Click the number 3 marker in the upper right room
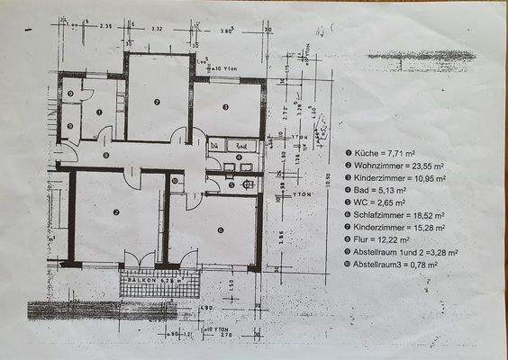coord(226,107)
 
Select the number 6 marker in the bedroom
coord(220,229)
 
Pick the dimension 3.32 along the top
coord(156,29)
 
